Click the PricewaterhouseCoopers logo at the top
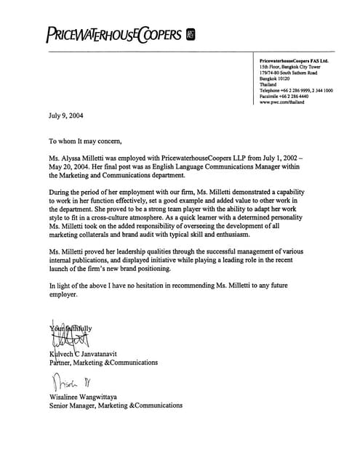[x=113, y=33]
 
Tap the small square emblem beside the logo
[x=191, y=33]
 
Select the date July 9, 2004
[x=66, y=116]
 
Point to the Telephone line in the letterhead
[x=296, y=90]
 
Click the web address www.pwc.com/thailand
[x=281, y=102]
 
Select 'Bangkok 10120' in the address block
[x=274, y=78]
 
